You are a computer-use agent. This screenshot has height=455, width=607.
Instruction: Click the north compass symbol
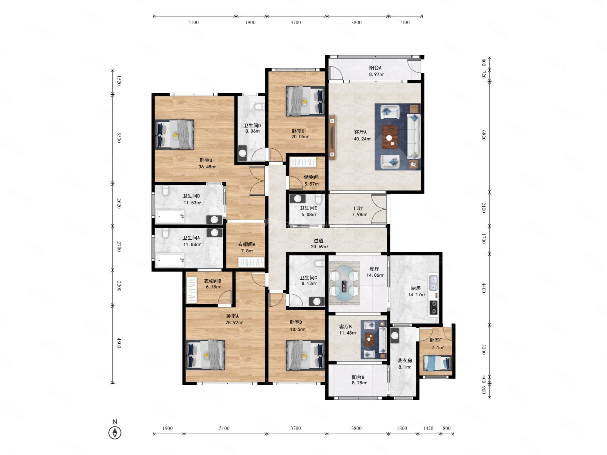[115, 433]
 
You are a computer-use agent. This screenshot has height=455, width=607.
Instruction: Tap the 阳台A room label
[375, 68]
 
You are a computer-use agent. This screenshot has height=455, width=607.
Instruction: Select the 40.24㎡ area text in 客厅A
[362, 139]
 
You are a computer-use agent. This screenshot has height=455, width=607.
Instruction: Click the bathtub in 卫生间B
[170, 217]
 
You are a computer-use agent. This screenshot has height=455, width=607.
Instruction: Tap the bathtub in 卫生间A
[170, 260]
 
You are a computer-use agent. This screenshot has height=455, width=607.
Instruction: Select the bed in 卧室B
[175, 134]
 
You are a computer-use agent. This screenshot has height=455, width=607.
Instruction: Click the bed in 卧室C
[305, 101]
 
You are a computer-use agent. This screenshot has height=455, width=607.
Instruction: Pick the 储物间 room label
[311, 177]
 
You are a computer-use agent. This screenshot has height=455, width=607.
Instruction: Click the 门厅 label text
[358, 208]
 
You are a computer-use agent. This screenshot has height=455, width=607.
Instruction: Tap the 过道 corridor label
[318, 241]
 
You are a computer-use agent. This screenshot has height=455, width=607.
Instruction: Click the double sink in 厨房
[433, 282]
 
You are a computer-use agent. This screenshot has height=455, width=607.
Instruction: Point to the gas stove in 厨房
[433, 308]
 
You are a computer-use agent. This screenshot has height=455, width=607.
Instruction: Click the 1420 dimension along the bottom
[428, 428]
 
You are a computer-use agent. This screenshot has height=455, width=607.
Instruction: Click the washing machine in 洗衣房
[395, 335]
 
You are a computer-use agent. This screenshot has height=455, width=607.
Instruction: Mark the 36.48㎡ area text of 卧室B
[207, 167]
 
